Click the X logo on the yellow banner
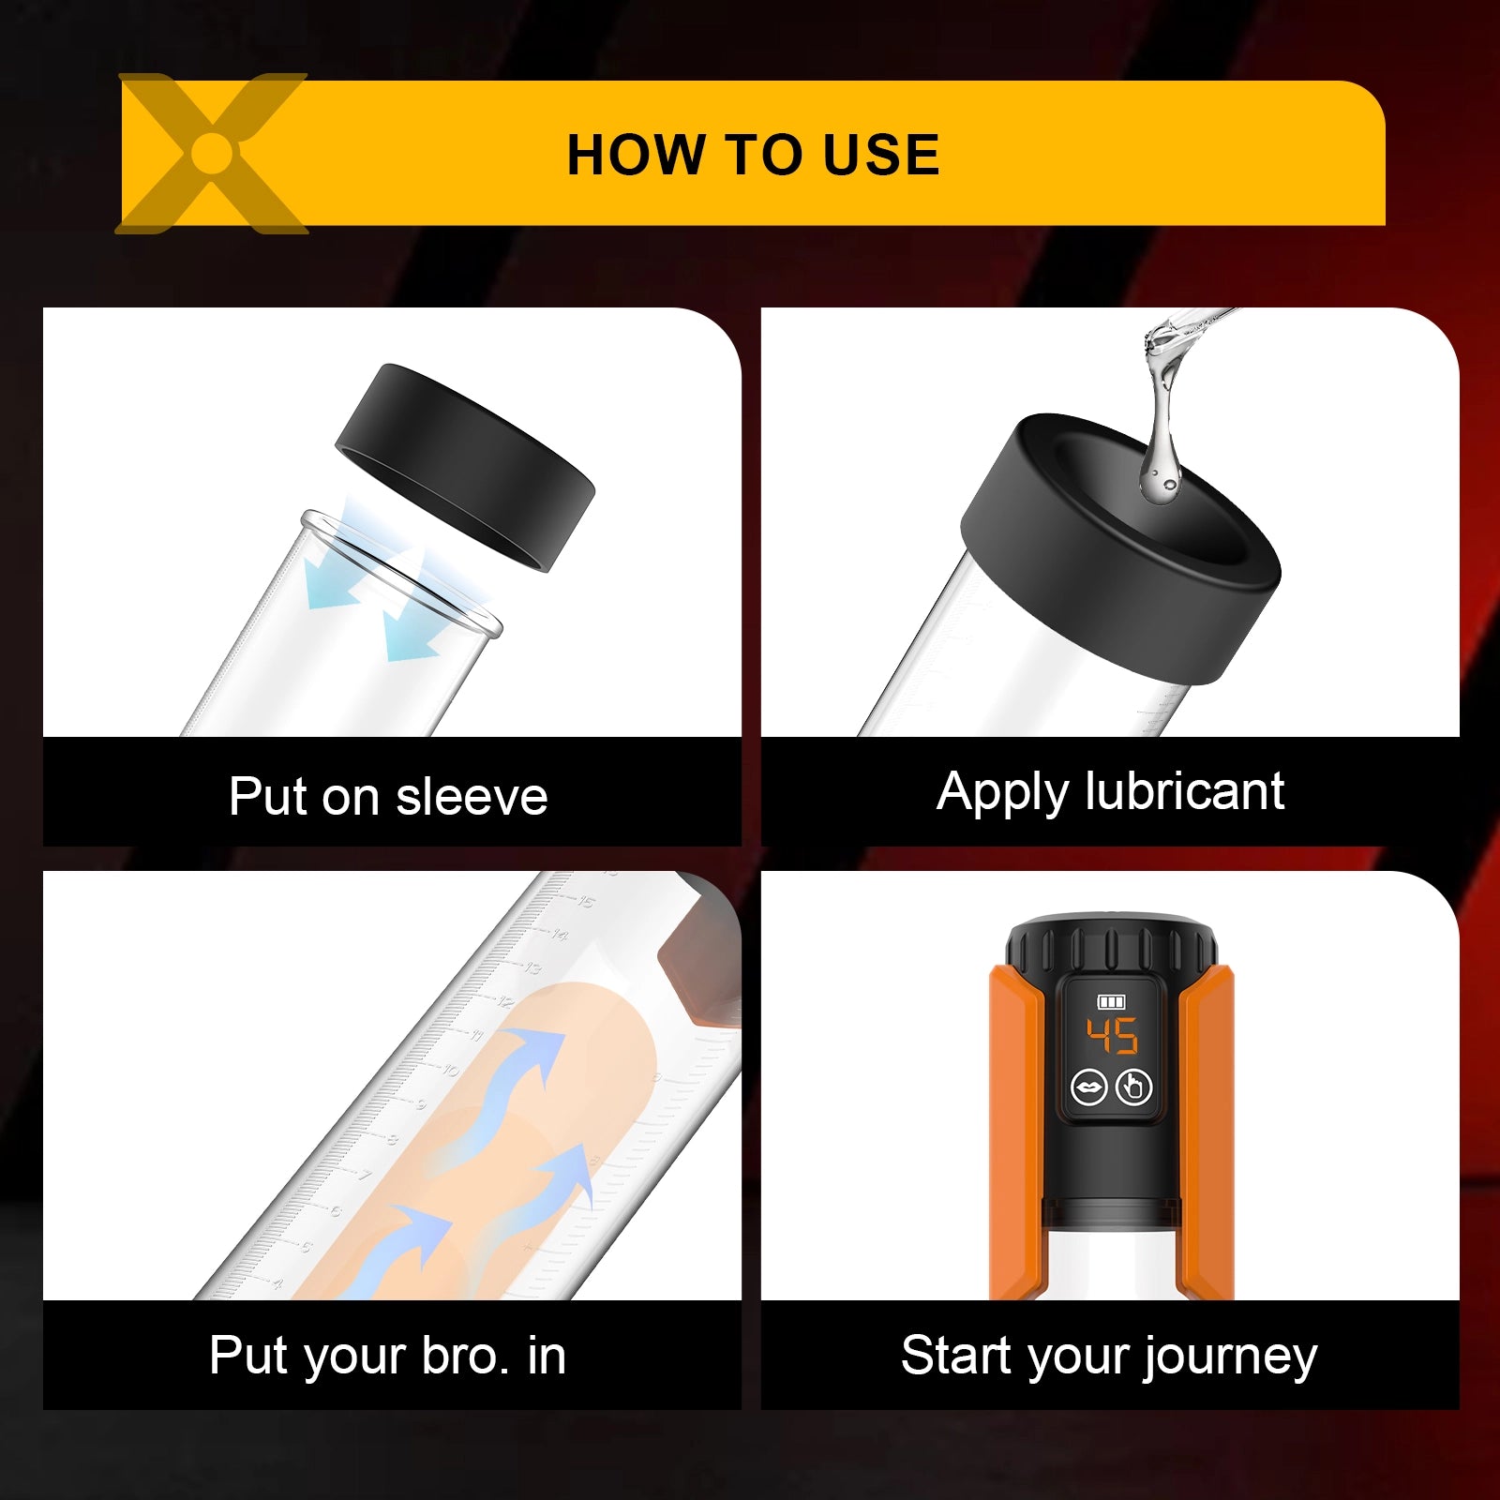(x=212, y=153)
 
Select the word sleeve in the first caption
(x=472, y=797)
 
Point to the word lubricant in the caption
(x=1184, y=791)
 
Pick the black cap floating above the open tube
(x=465, y=467)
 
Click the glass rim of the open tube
(x=401, y=572)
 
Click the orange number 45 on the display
(x=1112, y=1036)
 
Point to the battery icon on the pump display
(x=1112, y=1002)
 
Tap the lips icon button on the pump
(x=1089, y=1087)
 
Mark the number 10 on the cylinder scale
(x=452, y=1070)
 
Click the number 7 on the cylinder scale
(x=366, y=1175)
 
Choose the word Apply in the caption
(x=1003, y=793)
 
